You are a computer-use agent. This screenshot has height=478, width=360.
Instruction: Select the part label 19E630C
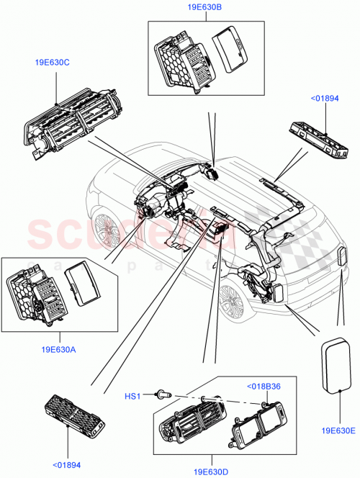coord(52,63)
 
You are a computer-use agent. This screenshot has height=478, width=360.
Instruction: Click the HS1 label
coord(132,394)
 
